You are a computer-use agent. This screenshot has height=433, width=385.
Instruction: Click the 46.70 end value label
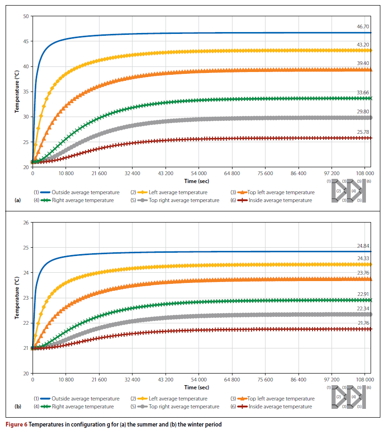363,27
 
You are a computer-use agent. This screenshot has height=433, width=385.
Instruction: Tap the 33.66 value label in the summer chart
363,92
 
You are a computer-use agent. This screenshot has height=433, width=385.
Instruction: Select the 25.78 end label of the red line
363,132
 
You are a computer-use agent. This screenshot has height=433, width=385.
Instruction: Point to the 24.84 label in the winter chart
363,246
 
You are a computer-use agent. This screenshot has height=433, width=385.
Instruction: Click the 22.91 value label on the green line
363,294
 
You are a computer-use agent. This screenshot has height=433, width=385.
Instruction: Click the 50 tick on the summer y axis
26,16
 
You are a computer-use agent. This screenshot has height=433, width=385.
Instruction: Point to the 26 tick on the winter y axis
26,223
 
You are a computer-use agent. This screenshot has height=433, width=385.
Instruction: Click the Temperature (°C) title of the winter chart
17,298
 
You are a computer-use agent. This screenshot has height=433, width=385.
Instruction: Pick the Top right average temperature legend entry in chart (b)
184,407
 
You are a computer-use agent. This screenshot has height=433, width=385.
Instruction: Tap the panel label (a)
18,200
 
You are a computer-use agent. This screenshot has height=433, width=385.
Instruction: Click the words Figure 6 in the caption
16,424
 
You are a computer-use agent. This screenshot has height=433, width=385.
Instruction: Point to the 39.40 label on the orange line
363,63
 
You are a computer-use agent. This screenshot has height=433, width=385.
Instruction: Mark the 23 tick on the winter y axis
26,298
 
